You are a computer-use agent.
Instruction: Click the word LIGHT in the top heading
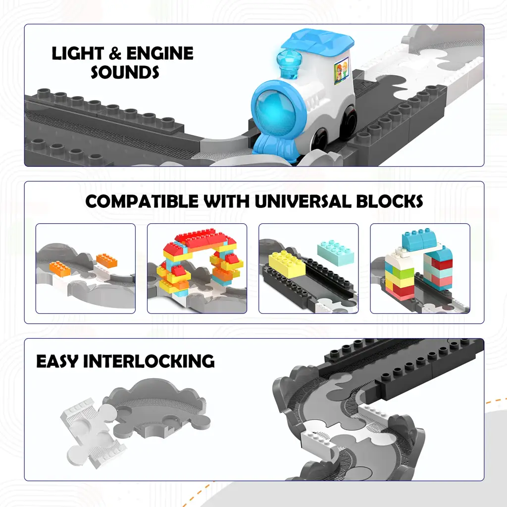pos(78,53)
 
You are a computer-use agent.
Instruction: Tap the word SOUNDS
pos(125,72)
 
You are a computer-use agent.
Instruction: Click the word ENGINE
pos(160,53)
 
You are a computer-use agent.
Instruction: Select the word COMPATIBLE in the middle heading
pos(142,201)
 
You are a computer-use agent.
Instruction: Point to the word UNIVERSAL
pos(303,201)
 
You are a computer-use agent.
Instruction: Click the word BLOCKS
pos(390,201)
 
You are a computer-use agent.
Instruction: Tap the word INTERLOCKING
pos(149,361)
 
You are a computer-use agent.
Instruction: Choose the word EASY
pos(57,361)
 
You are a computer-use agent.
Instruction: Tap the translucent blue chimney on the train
pos(289,63)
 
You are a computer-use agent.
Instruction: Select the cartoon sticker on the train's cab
pos(342,70)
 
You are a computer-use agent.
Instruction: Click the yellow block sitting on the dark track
pos(287,263)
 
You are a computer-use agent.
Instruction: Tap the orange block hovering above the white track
pos(107,260)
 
